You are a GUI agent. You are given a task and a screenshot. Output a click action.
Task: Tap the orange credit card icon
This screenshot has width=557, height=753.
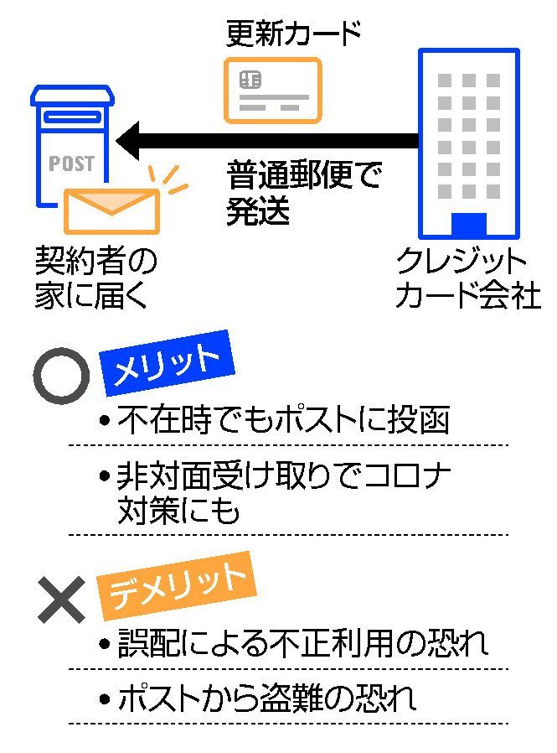(x=273, y=91)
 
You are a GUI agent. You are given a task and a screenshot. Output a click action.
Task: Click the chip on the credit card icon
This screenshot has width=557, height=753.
(x=250, y=80)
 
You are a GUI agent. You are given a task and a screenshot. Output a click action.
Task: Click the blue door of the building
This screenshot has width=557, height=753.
(x=468, y=225)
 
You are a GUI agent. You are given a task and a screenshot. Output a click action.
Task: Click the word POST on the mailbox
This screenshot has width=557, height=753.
(x=71, y=163)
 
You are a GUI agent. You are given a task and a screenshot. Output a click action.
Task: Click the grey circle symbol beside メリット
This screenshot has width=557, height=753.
(x=61, y=376)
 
